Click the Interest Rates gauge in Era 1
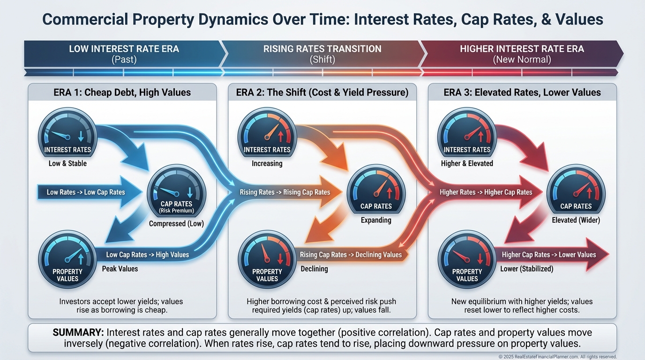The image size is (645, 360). [67, 136]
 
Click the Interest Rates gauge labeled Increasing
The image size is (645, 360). [267, 136]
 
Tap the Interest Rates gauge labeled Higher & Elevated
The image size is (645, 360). [467, 136]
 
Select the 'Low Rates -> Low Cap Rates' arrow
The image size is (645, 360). [87, 192]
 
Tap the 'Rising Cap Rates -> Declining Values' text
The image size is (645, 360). [351, 255]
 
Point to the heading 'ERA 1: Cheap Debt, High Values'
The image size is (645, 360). [122, 92]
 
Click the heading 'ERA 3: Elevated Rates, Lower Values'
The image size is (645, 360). [522, 92]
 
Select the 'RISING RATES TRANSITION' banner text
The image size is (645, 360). [322, 49]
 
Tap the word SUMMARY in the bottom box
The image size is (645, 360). [78, 332]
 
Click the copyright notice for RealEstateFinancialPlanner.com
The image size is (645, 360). [558, 357]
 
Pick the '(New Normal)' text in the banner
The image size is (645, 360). [522, 60]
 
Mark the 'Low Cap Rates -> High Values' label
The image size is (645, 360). [147, 255]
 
